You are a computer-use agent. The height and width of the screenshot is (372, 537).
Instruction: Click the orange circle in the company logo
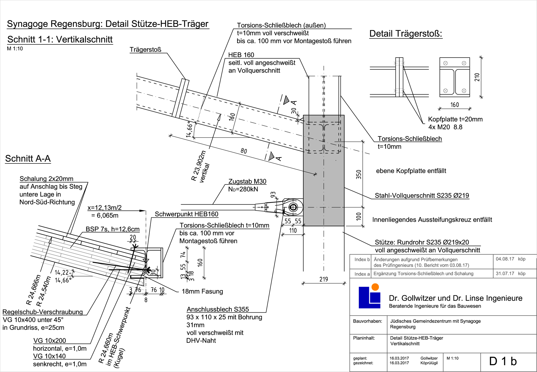pos(375,287)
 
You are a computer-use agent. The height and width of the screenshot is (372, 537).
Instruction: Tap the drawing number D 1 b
pos(503,361)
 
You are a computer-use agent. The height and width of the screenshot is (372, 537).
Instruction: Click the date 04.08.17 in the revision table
pos(505,259)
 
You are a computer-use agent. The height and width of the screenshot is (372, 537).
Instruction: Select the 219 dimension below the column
pos(324,279)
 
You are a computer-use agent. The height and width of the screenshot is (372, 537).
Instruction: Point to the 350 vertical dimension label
pos(359,174)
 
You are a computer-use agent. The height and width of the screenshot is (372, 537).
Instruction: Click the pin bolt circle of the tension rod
pos(293,207)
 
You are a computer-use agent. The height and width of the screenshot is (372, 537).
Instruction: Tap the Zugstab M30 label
pos(247,181)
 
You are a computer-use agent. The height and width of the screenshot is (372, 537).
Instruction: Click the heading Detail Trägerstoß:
pos(405,34)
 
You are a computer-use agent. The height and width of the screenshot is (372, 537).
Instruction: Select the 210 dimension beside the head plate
pos(477,77)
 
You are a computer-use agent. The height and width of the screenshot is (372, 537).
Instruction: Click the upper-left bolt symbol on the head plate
pos(445,63)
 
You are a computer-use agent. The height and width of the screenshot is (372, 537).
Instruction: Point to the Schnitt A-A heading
pos(28,159)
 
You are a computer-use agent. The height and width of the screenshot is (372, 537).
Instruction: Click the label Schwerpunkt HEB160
pos(186,214)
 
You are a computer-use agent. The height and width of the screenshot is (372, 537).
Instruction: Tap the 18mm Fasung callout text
pos(202,291)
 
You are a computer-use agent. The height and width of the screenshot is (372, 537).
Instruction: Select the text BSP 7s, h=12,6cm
pos(113,229)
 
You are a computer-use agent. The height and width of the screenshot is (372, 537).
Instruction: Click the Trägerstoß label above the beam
pos(145,49)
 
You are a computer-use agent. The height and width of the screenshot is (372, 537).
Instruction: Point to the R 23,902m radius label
pos(199,166)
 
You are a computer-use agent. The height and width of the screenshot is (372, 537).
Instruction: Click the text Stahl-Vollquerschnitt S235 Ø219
pos(422,195)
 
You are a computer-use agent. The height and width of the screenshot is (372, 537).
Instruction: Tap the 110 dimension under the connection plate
pos(293,231)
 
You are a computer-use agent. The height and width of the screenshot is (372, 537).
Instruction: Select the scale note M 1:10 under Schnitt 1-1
pos(15,49)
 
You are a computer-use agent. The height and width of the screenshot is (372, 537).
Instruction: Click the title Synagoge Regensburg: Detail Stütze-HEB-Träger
pos(107,24)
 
